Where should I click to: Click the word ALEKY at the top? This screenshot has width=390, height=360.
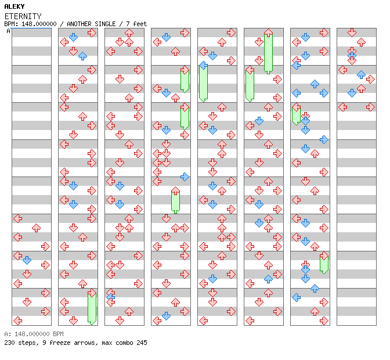pyautogui.click(x=15, y=6)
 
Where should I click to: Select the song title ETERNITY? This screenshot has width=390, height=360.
pyautogui.click(x=23, y=16)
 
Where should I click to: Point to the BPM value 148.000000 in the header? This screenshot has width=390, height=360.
pyautogui.click(x=39, y=24)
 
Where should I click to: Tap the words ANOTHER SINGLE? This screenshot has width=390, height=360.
pyautogui.click(x=91, y=24)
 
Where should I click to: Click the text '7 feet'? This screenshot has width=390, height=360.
pyautogui.click(x=136, y=24)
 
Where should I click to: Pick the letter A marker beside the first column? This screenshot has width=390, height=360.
pyautogui.click(x=8, y=31)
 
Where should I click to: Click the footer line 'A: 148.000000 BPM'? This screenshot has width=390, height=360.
pyautogui.click(x=34, y=334)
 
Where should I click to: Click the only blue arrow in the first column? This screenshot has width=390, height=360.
pyautogui.click(x=27, y=260)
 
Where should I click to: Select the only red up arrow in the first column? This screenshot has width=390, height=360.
pyautogui.click(x=37, y=228)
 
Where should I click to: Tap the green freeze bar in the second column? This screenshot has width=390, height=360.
pyautogui.click(x=92, y=308)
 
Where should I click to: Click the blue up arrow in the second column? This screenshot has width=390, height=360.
pyautogui.click(x=82, y=56)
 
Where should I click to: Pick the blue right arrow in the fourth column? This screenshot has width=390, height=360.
pyautogui.click(x=185, y=177)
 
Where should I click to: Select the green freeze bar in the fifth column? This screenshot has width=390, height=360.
pyautogui.click(x=204, y=84)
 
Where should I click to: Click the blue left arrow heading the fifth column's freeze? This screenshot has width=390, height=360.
pyautogui.click(x=204, y=66)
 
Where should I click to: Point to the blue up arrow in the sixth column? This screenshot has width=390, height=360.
pyautogui.click(x=268, y=279)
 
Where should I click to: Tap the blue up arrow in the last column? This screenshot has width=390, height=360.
pyautogui.click(x=361, y=74)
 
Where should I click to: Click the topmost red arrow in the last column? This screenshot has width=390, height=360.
pyautogui.click(x=352, y=33)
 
